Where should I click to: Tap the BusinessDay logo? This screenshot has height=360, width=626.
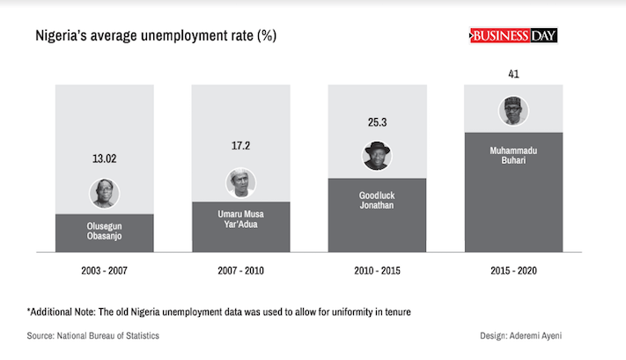513,35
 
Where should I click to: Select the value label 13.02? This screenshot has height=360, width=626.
105,159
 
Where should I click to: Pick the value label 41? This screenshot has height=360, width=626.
513,75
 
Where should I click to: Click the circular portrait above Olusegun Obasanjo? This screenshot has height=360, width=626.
105,193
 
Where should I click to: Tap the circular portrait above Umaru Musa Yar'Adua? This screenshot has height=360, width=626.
240,182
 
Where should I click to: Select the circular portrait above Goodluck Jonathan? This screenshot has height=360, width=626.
377,155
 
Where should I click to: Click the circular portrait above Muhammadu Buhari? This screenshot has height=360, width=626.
513,111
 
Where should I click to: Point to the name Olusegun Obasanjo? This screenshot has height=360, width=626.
105,232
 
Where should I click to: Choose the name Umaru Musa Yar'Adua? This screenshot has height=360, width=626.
240,219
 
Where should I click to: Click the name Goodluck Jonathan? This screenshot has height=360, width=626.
377,199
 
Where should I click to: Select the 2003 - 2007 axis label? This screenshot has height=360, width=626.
105,271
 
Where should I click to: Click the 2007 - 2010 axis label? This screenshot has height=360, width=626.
240,271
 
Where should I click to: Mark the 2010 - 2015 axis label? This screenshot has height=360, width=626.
377,271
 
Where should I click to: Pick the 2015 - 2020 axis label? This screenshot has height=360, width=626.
513,271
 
